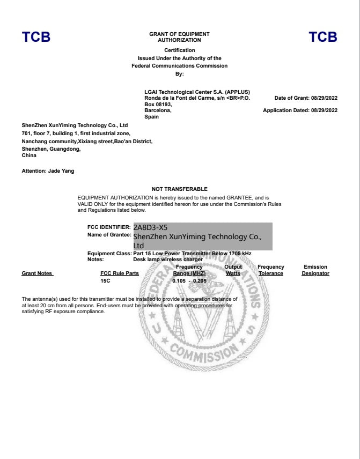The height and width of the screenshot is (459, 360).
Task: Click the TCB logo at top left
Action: pyautogui.click(x=36, y=37)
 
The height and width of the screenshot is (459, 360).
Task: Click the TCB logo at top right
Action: pyautogui.click(x=323, y=37)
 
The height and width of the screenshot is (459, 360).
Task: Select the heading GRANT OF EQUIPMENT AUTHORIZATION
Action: pyautogui.click(x=179, y=37)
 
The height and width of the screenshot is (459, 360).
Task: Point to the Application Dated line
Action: pyautogui.click(x=300, y=110)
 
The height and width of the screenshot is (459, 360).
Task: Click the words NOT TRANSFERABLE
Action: pyautogui.click(x=179, y=189)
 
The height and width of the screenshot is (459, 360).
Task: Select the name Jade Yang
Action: pyautogui.click(x=63, y=171)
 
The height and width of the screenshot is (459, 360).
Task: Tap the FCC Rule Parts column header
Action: pyautogui.click(x=119, y=273)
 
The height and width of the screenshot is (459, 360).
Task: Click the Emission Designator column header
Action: pyautogui.click(x=315, y=270)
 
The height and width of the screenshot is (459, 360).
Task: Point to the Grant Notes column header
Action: pyautogui.click(x=37, y=273)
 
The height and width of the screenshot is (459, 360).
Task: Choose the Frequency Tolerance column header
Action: pyautogui.click(x=271, y=270)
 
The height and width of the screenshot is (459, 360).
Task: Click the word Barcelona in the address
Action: pyautogui.click(x=158, y=110)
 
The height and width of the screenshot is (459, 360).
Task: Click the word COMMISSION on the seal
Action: pyautogui.click(x=203, y=352)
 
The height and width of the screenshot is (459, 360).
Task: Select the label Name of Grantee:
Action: pyautogui.click(x=109, y=235)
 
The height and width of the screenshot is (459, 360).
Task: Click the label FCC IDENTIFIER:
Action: pyautogui.click(x=109, y=227)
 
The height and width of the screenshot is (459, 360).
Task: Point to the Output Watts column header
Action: pyautogui.click(x=233, y=270)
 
